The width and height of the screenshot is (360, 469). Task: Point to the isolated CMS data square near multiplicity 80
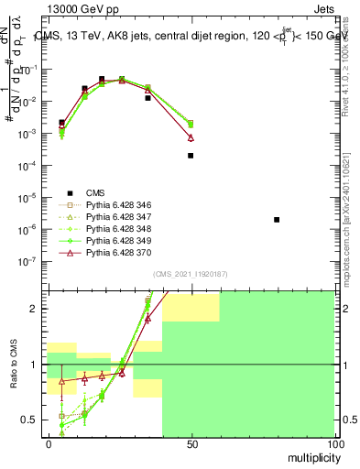[x=277, y=220]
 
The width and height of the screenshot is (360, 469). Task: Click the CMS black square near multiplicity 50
[x=191, y=156]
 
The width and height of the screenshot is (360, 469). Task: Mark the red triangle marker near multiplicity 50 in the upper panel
[x=191, y=137]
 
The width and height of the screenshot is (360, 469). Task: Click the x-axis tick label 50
[x=191, y=443]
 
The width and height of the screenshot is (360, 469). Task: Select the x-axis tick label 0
[x=48, y=443]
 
